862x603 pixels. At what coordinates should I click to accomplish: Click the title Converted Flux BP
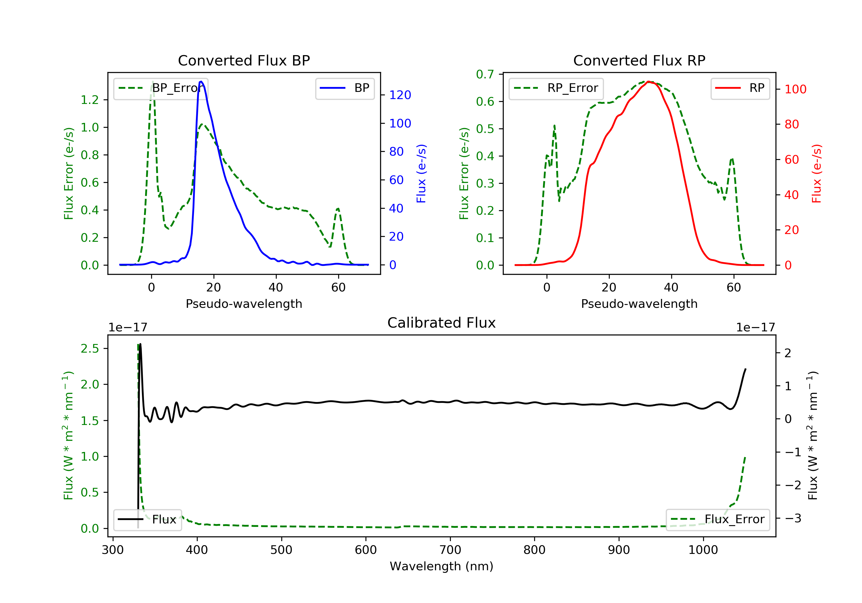244,60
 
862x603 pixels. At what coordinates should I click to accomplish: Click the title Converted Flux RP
639,60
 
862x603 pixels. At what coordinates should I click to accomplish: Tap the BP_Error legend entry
161,88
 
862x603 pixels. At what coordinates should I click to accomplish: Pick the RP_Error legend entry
556,88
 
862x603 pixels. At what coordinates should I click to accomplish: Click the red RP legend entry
740,88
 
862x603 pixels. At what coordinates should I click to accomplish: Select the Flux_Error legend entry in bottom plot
717,519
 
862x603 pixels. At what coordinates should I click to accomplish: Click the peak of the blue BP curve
201,82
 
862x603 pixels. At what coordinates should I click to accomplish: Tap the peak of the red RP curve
649,82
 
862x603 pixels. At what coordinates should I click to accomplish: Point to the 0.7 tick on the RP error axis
485,74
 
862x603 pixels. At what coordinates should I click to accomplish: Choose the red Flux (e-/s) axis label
817,173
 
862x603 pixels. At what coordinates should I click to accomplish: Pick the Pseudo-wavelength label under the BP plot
244,304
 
